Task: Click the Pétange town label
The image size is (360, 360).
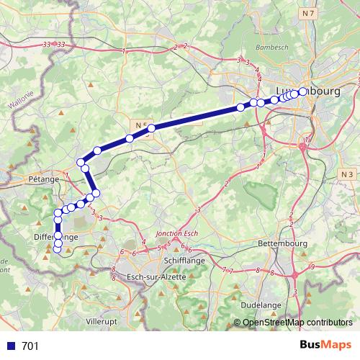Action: (43, 179)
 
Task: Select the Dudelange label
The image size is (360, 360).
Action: (261, 305)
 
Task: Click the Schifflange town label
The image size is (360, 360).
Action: (181, 264)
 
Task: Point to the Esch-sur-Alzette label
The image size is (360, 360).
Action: (156, 276)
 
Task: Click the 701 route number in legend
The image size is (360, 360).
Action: (31, 346)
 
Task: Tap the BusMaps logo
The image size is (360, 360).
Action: (325, 345)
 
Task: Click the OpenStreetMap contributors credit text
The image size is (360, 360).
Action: (296, 322)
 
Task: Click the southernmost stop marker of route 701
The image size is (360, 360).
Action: (58, 250)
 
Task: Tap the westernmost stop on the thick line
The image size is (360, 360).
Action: (58, 212)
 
